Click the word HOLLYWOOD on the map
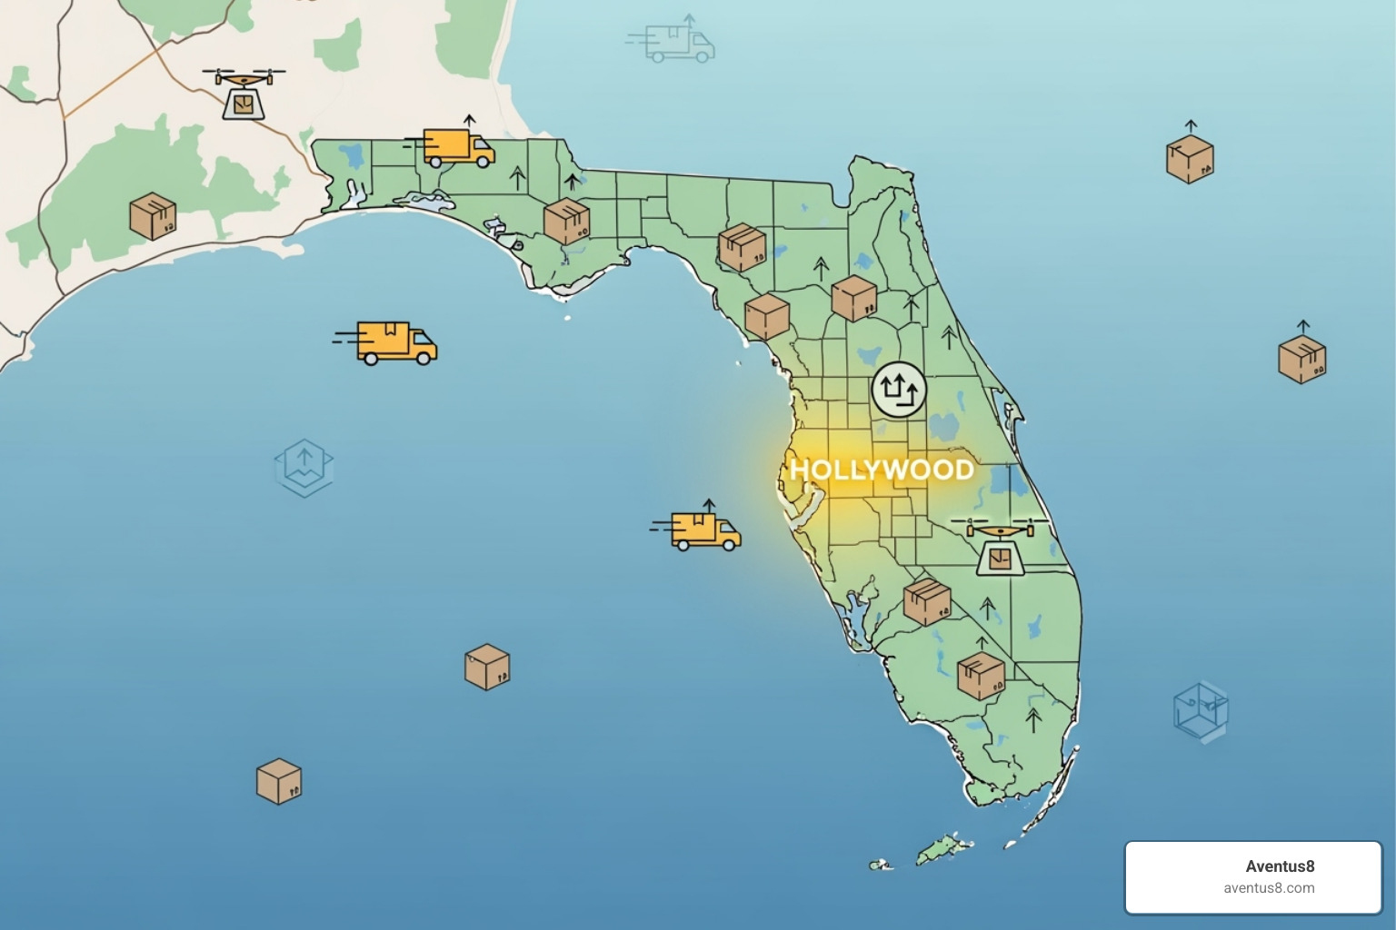tap(882, 470)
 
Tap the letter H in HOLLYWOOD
tap(800, 470)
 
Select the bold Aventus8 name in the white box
tap(1280, 866)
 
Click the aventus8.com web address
tap(1269, 888)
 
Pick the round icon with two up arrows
tap(899, 391)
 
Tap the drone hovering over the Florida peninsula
tap(999, 547)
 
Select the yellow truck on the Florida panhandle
tap(458, 148)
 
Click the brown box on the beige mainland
tap(153, 216)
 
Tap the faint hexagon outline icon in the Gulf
tap(304, 467)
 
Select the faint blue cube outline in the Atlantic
tap(1201, 709)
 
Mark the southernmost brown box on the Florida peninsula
tap(981, 676)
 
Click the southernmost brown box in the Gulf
tap(278, 781)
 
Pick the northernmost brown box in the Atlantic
tap(1190, 159)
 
